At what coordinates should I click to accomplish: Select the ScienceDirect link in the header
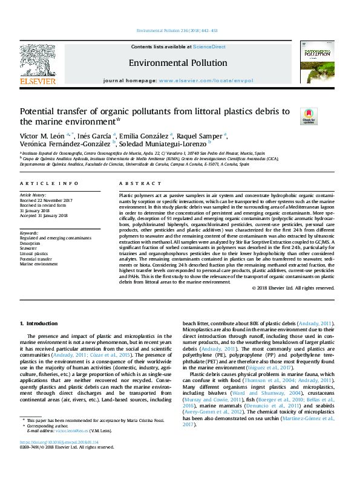pos(209,47)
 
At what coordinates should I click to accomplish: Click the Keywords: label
pos(30,233)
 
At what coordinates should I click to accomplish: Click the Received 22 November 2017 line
pos(47,200)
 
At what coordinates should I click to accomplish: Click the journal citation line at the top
pos(179,30)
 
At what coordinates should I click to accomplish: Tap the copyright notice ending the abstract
pos(293,288)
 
